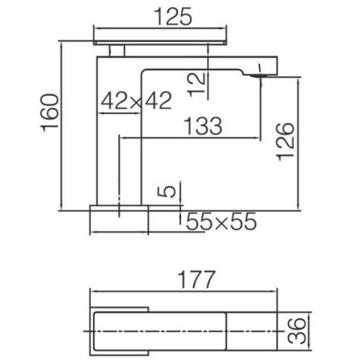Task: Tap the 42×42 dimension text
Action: coord(135,103)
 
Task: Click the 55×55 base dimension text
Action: coord(220,222)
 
